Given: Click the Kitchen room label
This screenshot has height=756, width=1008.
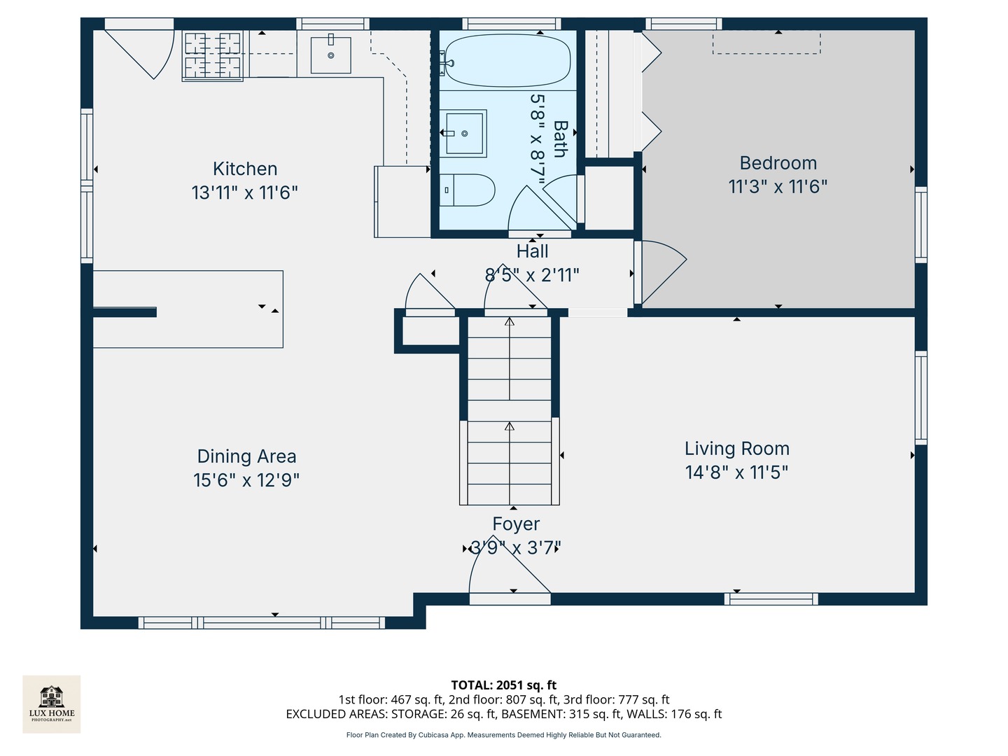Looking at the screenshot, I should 245,169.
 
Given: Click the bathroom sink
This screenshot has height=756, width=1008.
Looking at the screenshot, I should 465,133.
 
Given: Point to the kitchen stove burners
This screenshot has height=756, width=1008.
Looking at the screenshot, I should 212,55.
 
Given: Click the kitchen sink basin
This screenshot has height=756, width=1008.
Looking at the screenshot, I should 330,55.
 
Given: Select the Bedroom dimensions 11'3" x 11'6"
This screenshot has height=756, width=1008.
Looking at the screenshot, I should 778,186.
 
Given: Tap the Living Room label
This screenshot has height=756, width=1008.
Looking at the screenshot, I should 736,449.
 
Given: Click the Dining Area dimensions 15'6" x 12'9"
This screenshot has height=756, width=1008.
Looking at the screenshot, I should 246,480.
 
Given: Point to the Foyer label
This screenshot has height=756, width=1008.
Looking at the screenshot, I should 516,524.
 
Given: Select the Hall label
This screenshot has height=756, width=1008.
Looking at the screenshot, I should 533,251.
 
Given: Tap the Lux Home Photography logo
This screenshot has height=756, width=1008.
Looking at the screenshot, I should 52,703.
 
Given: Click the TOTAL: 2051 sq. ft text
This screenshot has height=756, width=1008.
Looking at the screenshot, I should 503,685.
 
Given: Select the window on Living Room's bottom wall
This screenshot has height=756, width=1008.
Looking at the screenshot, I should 771,599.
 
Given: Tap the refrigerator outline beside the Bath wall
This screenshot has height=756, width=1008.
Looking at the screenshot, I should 402,202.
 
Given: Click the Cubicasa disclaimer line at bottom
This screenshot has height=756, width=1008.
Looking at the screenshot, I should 503,735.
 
